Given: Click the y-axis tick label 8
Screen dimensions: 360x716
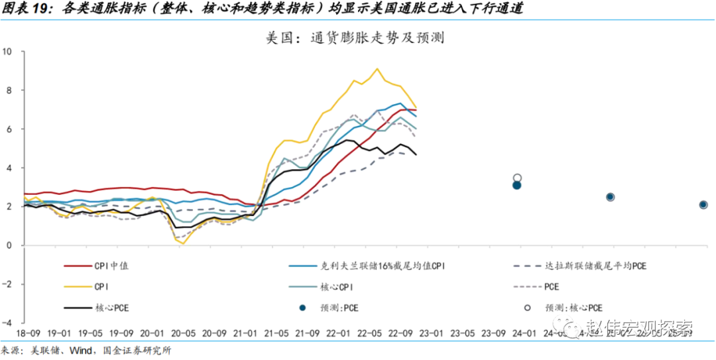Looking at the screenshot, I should (x=9, y=90).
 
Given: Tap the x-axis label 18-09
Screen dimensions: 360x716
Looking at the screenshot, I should (x=25, y=333).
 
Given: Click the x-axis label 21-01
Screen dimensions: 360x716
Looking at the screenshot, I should (x=247, y=333).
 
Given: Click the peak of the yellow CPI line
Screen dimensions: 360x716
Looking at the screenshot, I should (x=377, y=68).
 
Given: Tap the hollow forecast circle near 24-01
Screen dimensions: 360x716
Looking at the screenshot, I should (x=517, y=178).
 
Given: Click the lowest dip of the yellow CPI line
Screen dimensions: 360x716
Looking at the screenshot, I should (x=183, y=243).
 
